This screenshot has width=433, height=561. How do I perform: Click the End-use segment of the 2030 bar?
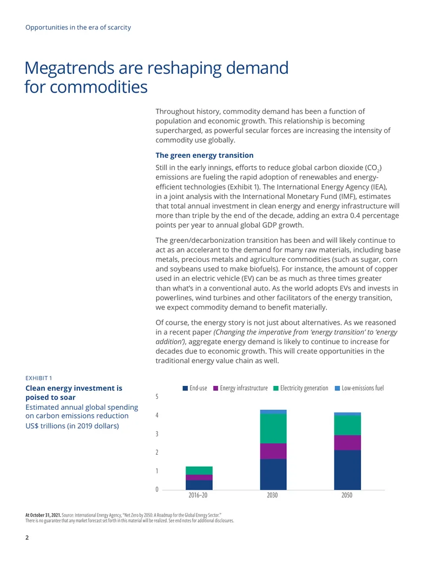pyautogui.click(x=273, y=474)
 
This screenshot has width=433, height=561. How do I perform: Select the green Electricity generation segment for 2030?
pyautogui.click(x=273, y=429)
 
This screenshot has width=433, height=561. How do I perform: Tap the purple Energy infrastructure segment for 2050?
pyautogui.click(x=347, y=443)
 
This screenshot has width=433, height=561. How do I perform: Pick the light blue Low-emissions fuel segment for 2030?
pyautogui.click(x=273, y=412)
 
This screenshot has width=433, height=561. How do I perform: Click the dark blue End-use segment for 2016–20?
pyautogui.click(x=199, y=485)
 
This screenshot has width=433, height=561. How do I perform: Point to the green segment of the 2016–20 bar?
pyautogui.click(x=199, y=470)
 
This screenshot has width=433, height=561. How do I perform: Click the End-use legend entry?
pyautogui.click(x=195, y=388)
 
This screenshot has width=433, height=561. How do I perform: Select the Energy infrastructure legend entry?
pyautogui.click(x=240, y=388)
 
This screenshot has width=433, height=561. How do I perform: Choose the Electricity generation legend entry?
pyautogui.click(x=301, y=388)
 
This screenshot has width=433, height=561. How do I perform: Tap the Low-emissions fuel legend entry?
pyautogui.click(x=359, y=388)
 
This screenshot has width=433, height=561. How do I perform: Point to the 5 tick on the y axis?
pyautogui.click(x=157, y=396)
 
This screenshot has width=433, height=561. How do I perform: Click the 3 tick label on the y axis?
pyautogui.click(x=157, y=434)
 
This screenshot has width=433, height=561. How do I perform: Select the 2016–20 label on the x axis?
pyautogui.click(x=198, y=495)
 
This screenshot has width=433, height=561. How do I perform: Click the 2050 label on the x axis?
pyautogui.click(x=347, y=495)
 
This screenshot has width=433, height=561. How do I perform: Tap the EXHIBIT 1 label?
pyautogui.click(x=38, y=378)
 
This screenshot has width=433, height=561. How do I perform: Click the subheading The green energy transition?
pyautogui.click(x=205, y=155)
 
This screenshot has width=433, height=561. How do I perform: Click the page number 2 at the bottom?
pyautogui.click(x=27, y=537)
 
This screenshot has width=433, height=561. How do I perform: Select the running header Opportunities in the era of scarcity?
pyautogui.click(x=78, y=28)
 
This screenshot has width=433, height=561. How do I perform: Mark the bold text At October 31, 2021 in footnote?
pyautogui.click(x=43, y=515)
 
